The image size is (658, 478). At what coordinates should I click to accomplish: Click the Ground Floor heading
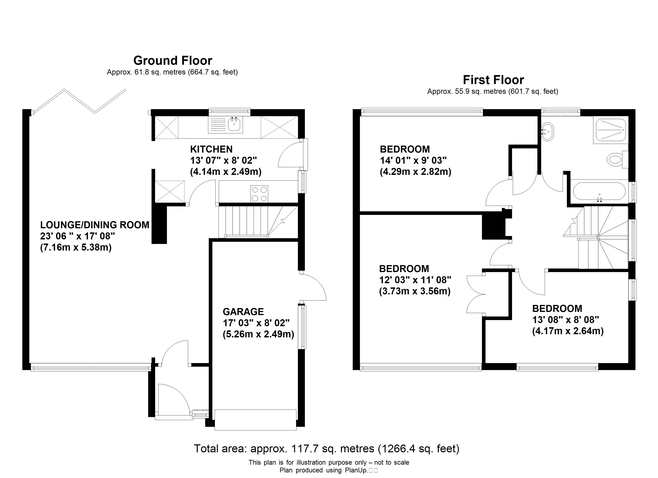[173, 61]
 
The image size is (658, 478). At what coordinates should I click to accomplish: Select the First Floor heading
[493, 80]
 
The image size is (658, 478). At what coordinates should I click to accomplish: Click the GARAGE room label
[243, 312]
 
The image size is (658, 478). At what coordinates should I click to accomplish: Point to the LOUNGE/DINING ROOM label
[95, 225]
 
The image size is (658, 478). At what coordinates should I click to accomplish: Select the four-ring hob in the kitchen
[259, 194]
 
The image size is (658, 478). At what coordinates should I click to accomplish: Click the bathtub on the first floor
[599, 191]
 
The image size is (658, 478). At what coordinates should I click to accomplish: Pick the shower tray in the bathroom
[610, 130]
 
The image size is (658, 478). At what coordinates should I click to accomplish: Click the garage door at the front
[255, 419]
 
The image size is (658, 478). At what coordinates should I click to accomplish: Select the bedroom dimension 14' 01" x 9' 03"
[413, 160]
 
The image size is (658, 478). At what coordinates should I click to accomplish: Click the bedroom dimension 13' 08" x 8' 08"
[565, 320]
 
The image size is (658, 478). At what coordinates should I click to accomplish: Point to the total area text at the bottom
[327, 449]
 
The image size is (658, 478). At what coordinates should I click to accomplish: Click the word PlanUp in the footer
[356, 470]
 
